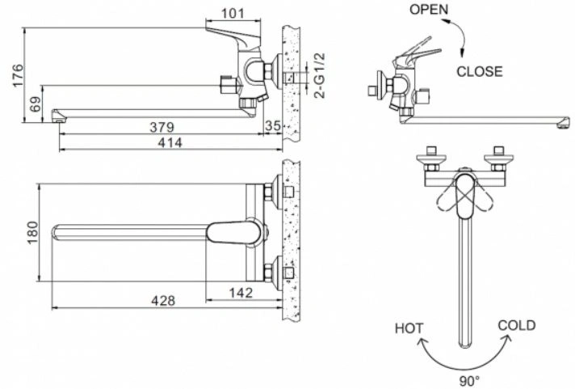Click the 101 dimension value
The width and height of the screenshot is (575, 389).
233,13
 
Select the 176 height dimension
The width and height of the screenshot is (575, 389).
18,76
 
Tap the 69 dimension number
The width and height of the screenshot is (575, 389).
35,104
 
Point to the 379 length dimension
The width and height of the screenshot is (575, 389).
162,127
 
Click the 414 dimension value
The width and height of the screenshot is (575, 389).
170,142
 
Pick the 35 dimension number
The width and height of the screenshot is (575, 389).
273,125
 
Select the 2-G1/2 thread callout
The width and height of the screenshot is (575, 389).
320,75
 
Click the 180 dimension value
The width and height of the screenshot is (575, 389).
32,232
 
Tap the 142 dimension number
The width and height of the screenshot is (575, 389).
241,293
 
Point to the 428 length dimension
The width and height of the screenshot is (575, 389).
163,301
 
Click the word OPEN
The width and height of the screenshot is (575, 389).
429,9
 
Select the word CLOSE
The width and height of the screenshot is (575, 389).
479,71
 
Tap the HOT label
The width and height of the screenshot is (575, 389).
409,328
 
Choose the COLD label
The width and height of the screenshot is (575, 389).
516,325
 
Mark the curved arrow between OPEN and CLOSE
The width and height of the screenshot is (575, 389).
462,34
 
